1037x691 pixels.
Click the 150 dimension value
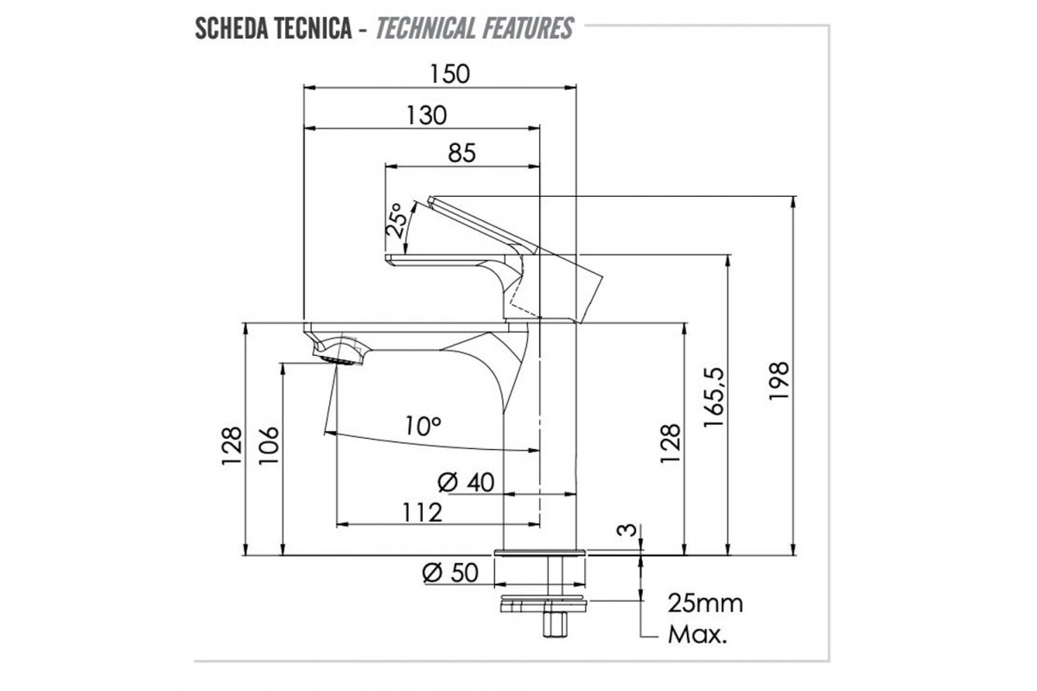point(449,74)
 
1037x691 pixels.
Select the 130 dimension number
point(426,115)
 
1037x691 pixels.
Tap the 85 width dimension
point(462,153)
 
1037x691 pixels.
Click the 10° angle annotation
point(423,426)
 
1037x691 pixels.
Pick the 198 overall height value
point(779,381)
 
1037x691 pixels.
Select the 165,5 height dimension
point(714,397)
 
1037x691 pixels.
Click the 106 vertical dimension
point(269,445)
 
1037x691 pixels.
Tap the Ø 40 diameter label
point(466,483)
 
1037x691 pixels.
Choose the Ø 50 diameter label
point(450,573)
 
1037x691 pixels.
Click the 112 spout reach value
point(422,512)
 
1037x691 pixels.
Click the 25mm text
point(705,604)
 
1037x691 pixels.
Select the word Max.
point(697,635)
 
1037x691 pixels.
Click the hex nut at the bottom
point(555,624)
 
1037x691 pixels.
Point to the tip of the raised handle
point(430,200)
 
